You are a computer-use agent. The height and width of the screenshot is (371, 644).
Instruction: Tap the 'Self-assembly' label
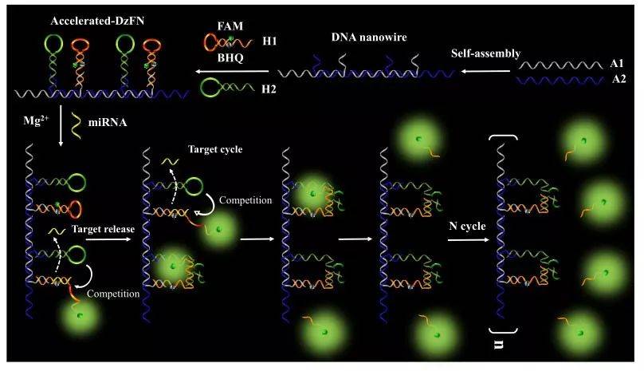485,53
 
